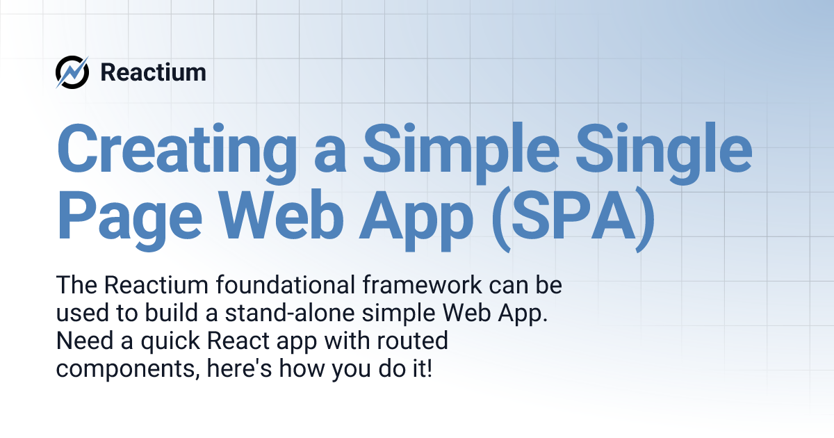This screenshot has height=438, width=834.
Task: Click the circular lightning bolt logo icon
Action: pyautogui.click(x=72, y=72)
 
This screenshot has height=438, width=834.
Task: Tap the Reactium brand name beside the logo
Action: pyautogui.click(x=153, y=72)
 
